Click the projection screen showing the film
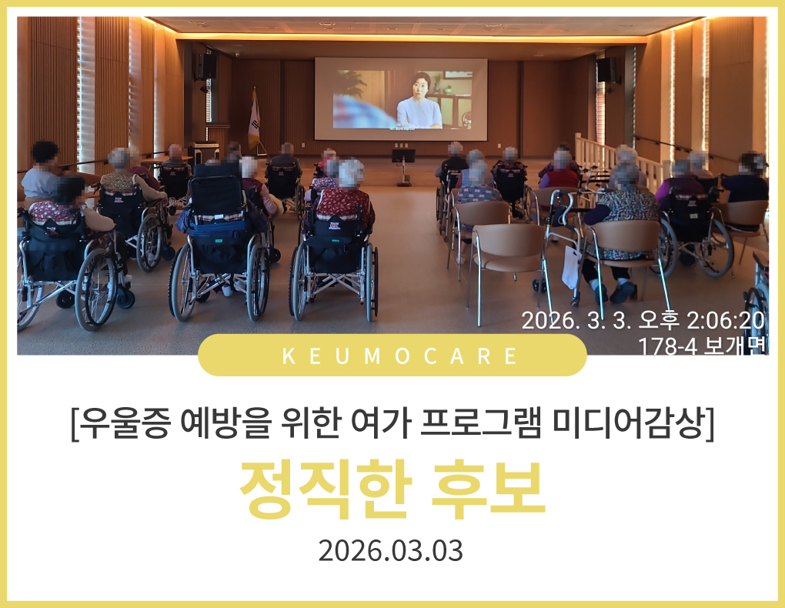click(400, 99)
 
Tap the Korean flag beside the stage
click(254, 120)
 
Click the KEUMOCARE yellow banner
click(392, 355)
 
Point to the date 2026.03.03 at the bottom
click(390, 551)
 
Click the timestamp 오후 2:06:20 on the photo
click(701, 320)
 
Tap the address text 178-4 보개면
click(702, 346)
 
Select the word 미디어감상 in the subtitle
click(629, 423)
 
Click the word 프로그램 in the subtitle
click(480, 423)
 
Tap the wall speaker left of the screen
click(205, 66)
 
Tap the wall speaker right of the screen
click(607, 69)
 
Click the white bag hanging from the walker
click(572, 267)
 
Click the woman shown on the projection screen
click(419, 102)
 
